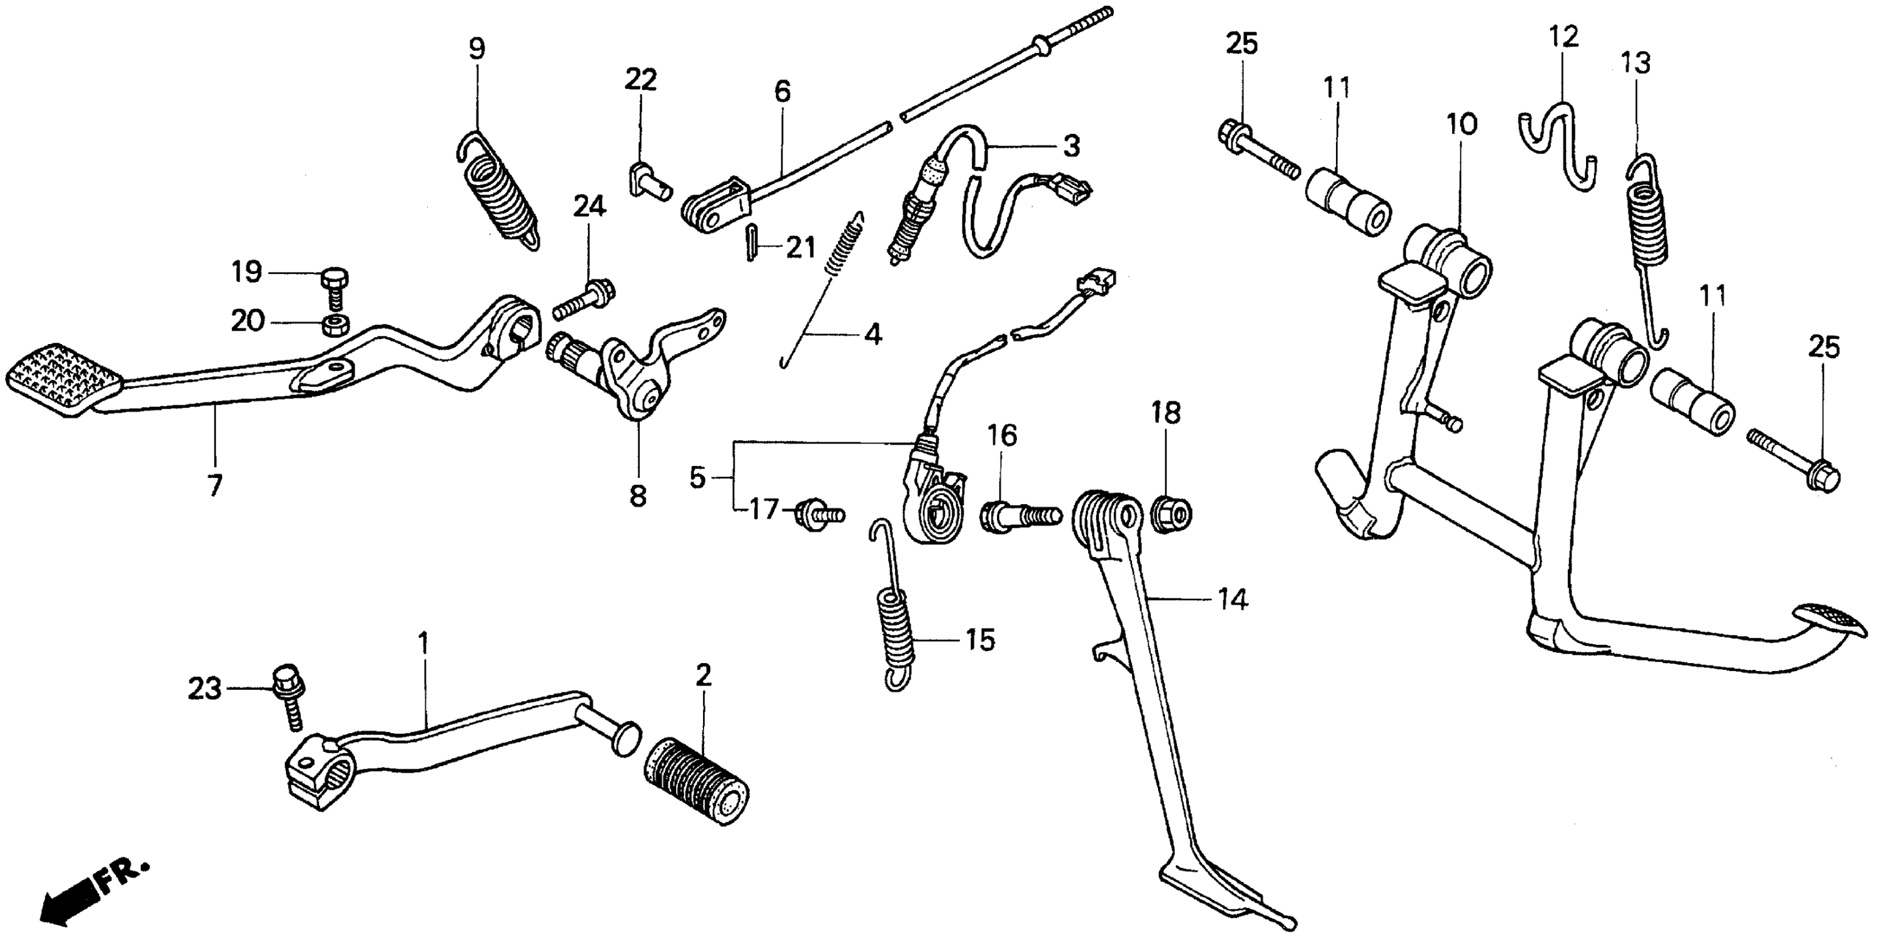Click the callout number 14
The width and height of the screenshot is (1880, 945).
(1232, 600)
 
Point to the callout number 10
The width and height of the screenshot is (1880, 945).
(1461, 124)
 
